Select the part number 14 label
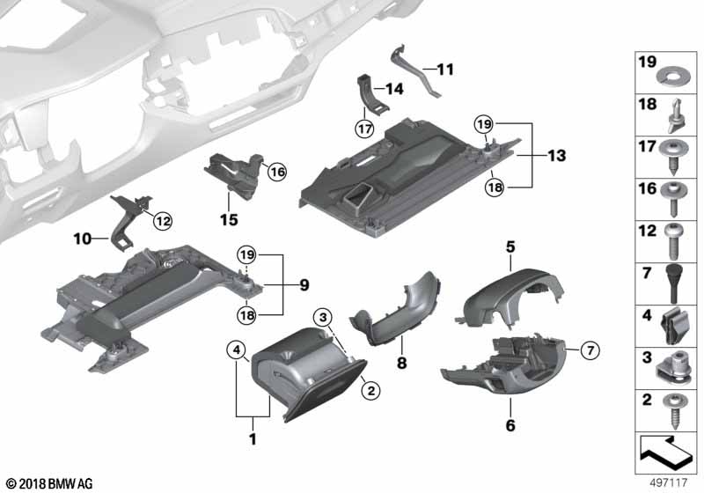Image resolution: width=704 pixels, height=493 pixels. tap(392, 88)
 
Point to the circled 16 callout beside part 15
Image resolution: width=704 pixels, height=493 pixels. tap(277, 173)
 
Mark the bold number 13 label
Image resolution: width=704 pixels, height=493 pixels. tap(555, 156)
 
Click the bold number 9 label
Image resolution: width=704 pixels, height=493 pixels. tap(304, 284)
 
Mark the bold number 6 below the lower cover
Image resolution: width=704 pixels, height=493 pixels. tap(510, 425)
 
